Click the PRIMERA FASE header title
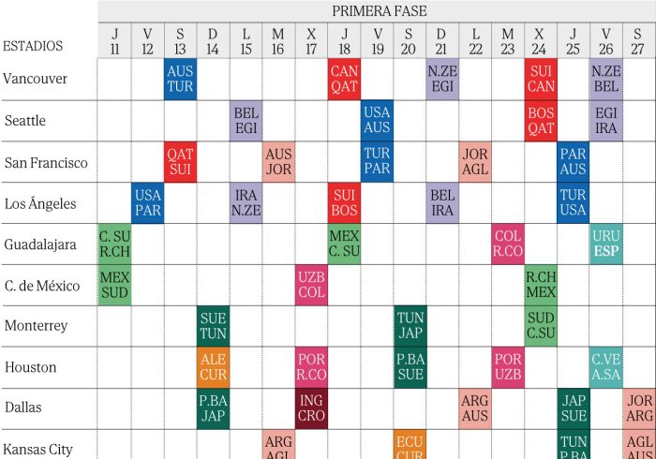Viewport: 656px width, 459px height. tap(379, 11)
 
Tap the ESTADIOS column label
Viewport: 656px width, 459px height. tap(33, 46)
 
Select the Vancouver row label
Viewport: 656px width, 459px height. tap(36, 79)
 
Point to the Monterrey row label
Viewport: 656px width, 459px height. tap(37, 326)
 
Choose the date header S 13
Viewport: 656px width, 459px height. tap(180, 41)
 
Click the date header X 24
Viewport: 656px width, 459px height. tap(541, 41)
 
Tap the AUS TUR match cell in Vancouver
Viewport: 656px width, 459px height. tap(180, 80)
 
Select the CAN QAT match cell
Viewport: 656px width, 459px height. tap(344, 80)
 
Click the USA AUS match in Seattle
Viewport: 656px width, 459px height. tap(377, 121)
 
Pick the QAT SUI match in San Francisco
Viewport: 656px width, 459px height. tap(180, 162)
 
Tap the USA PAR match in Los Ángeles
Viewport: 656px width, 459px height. tap(147, 203)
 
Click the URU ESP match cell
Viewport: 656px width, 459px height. tap(606, 244)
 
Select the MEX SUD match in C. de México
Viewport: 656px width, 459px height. tap(114, 286)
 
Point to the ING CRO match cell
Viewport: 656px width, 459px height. tap(311, 408)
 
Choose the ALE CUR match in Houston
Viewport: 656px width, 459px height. tap(213, 367)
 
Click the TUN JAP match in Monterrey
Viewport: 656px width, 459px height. tap(410, 326)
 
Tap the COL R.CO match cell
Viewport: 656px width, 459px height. tap(508, 244)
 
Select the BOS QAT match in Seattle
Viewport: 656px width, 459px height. tap(541, 121)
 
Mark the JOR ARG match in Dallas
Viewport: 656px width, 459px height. tap(639, 408)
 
